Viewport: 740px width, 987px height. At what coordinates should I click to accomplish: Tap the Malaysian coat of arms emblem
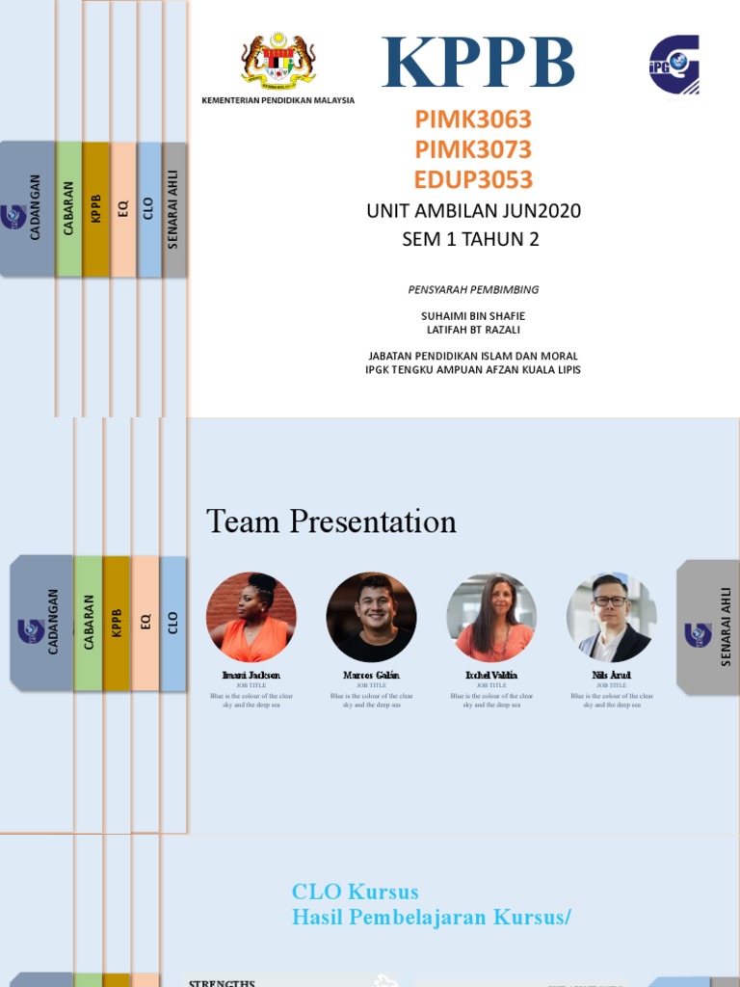[x=277, y=62]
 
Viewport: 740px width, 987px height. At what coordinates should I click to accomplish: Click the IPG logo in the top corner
[x=674, y=65]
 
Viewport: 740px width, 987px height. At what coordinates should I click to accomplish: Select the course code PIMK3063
[x=473, y=120]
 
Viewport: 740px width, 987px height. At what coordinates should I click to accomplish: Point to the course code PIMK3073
[x=473, y=149]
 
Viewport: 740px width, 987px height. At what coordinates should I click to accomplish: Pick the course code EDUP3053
[x=473, y=180]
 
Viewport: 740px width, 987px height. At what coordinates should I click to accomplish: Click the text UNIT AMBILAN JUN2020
[x=473, y=211]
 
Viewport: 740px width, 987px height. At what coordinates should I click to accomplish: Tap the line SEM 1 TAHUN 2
[x=470, y=240]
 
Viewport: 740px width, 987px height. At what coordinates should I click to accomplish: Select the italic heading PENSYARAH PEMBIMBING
[x=472, y=289]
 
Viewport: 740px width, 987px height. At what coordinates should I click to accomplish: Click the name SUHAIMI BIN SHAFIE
[x=473, y=316]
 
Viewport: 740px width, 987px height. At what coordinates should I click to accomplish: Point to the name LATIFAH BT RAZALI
[x=473, y=330]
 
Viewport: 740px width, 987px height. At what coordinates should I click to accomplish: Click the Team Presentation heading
[x=331, y=521]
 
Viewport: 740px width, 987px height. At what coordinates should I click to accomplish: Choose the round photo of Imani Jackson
[x=251, y=617]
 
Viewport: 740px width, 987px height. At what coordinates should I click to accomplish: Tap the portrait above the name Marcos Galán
[x=371, y=617]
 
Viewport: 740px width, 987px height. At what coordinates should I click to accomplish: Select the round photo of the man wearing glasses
[x=611, y=617]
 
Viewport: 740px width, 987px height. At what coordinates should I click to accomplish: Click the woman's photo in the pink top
[x=491, y=617]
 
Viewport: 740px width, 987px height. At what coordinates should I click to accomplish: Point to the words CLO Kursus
[x=356, y=892]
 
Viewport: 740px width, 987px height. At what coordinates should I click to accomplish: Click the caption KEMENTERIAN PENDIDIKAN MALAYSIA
[x=277, y=100]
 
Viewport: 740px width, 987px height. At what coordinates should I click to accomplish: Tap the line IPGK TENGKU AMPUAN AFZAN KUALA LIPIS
[x=473, y=370]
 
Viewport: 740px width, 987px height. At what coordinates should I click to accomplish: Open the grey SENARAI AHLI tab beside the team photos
[x=708, y=627]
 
